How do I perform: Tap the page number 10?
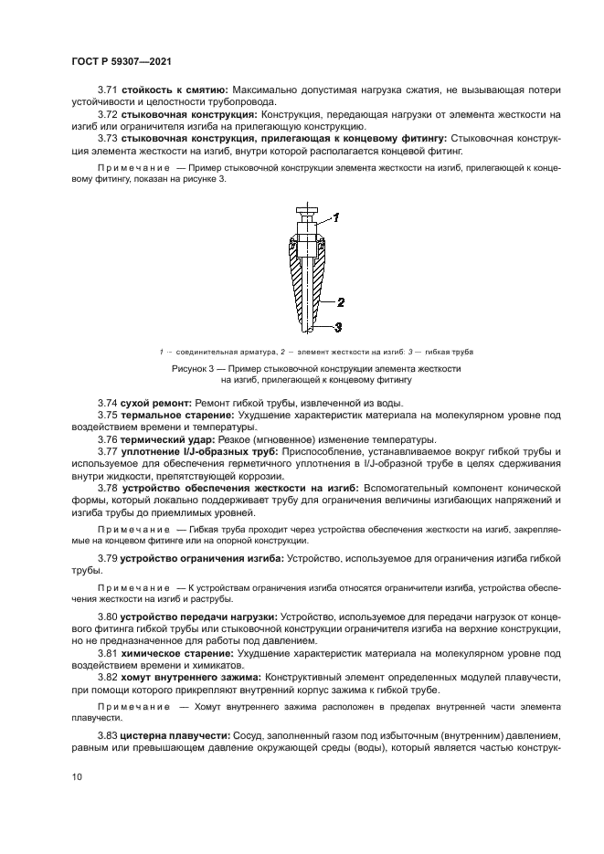[x=79, y=775]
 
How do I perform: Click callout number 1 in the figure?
[x=336, y=217]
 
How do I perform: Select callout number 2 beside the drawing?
[x=339, y=300]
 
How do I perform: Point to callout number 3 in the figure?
[x=337, y=326]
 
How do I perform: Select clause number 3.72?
[x=108, y=115]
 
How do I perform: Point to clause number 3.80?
[x=108, y=616]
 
